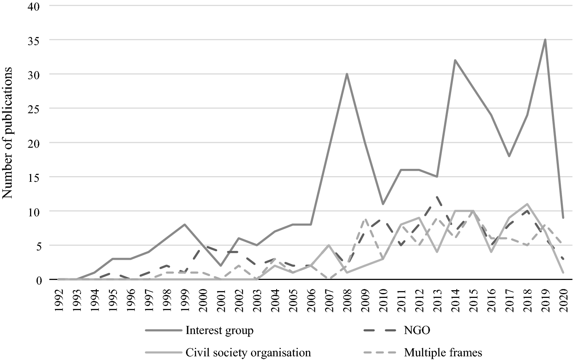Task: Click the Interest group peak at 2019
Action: point(545,40)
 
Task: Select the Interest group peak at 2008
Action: point(347,74)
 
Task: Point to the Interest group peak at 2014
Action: point(455,60)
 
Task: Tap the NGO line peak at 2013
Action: point(437,197)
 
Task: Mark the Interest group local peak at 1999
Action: point(185,224)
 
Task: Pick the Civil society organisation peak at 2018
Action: point(527,204)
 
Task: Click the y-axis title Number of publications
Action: point(8,132)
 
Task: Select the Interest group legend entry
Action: point(219,331)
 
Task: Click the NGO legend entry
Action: point(417,331)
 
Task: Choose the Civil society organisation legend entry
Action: point(248,352)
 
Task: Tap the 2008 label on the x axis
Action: point(347,300)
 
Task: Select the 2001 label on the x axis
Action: point(221,300)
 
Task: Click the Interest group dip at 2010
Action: point(383,204)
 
